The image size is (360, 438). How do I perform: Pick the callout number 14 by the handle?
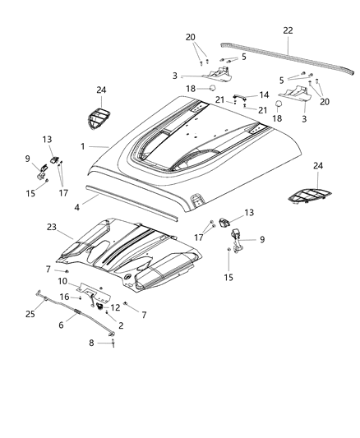coord(265,95)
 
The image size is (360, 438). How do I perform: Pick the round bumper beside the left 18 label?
coord(212,87)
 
